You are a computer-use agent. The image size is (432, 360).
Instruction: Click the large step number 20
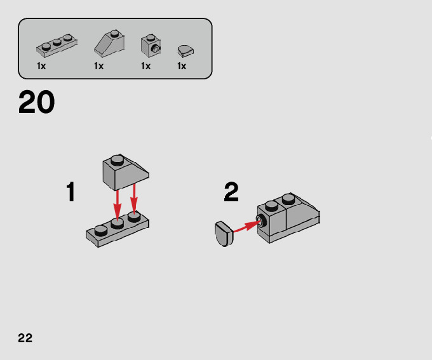36,102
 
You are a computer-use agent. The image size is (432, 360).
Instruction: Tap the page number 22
25,337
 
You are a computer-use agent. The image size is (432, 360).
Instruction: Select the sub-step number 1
71,192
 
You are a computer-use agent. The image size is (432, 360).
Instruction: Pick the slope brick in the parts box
111,44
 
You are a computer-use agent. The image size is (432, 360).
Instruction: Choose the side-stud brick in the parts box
151,44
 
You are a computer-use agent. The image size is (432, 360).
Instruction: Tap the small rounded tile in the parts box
186,49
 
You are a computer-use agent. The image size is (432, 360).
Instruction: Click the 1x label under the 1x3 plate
41,66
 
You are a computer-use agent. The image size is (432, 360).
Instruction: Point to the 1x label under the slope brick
98,66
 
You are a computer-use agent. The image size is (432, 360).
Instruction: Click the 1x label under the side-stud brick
145,66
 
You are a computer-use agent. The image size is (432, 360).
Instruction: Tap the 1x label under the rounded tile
182,66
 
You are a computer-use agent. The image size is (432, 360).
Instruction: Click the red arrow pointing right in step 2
245,226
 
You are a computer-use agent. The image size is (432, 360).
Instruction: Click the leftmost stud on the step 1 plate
100,229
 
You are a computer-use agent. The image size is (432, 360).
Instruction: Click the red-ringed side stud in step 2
260,221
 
